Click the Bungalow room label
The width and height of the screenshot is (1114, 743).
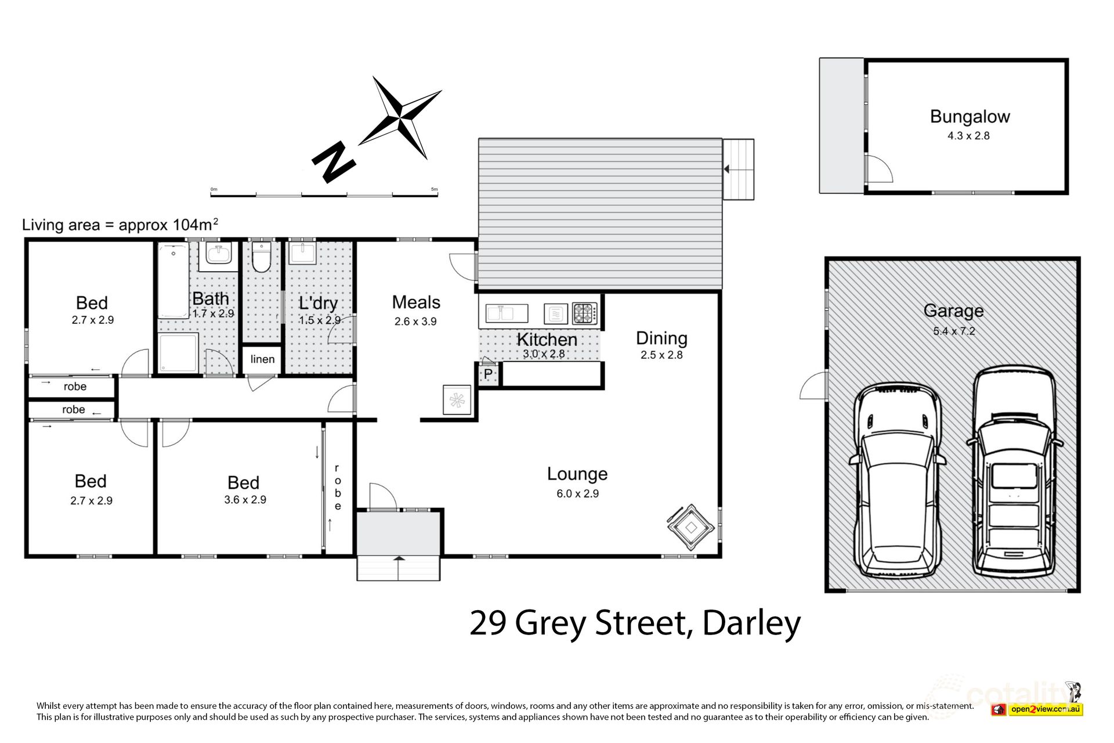(x=970, y=117)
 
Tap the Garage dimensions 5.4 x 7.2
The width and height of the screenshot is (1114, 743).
(x=953, y=331)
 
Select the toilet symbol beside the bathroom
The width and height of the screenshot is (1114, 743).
(x=262, y=258)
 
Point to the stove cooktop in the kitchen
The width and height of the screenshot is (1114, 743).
(x=584, y=313)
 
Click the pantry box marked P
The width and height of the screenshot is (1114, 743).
(x=487, y=374)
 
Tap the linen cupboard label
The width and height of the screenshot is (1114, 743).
(x=262, y=359)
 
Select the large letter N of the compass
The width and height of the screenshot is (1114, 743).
(x=334, y=163)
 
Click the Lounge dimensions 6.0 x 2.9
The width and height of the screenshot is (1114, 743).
(x=577, y=494)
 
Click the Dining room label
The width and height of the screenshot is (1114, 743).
(x=661, y=338)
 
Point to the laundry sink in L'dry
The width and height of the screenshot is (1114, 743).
(x=302, y=253)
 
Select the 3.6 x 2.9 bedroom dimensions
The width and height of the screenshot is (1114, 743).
(x=245, y=500)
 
